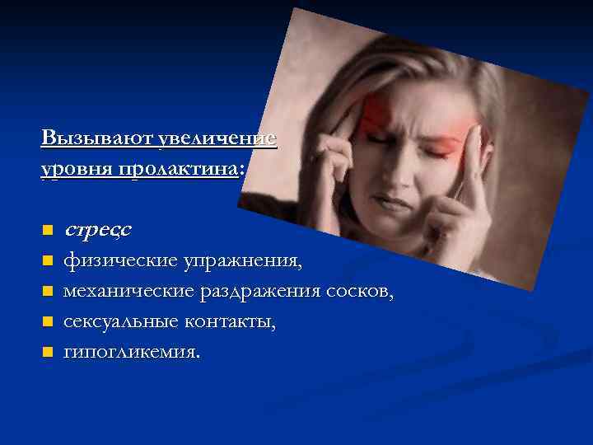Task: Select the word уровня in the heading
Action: coord(70,169)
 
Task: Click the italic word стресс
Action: coord(97,227)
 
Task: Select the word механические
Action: coord(128,291)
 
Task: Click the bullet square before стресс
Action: coord(47,228)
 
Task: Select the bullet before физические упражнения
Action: coord(47,261)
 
